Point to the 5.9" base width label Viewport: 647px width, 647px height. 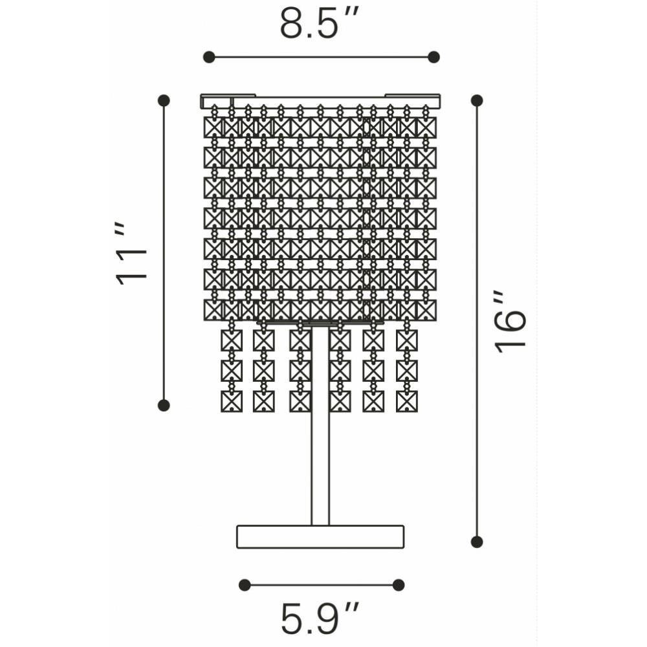[320, 619]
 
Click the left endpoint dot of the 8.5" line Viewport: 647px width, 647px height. [209, 57]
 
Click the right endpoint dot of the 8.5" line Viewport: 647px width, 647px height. [433, 57]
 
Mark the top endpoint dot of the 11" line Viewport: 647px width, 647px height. [164, 100]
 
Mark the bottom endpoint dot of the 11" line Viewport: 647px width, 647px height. [164, 405]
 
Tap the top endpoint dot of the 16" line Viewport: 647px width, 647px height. [477, 100]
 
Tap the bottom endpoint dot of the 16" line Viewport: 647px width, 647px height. [477, 542]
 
